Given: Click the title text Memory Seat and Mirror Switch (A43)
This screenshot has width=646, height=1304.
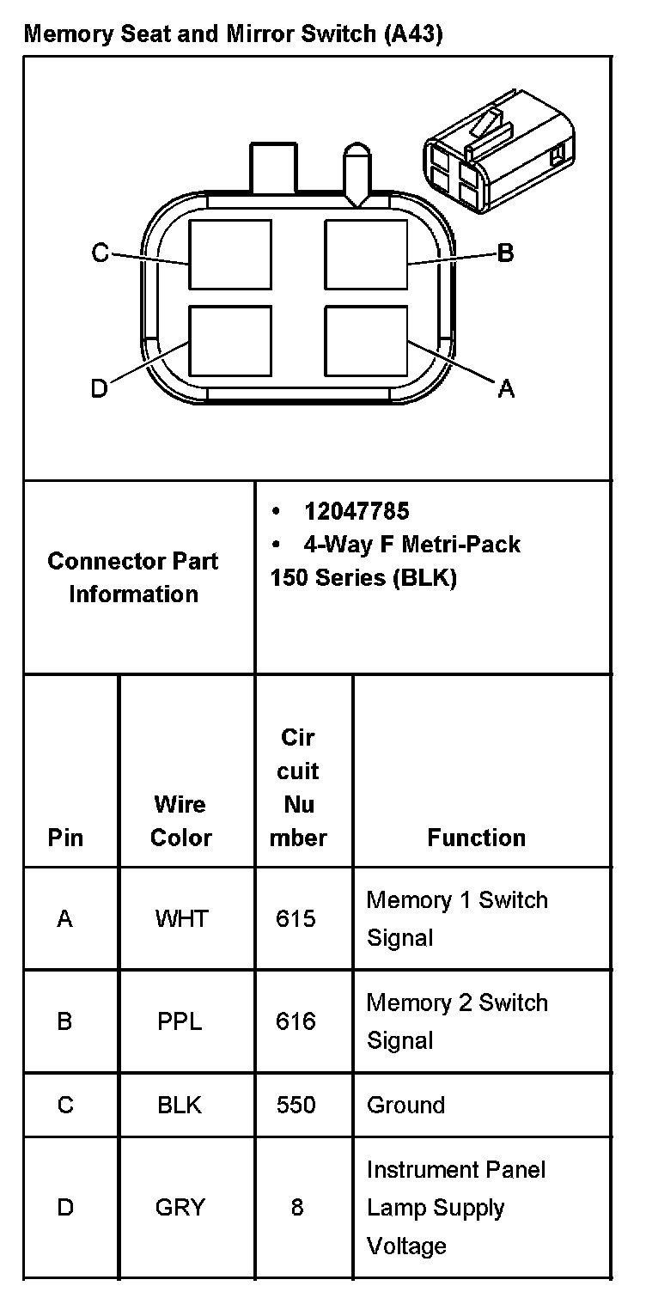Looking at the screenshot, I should coord(233,34).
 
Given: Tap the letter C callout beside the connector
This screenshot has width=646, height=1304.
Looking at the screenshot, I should coord(101,253).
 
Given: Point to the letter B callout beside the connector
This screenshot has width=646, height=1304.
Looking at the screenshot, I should coord(506,253).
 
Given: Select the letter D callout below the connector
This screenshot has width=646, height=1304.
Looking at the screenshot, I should coord(100,389).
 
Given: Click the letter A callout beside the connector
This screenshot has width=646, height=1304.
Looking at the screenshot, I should coord(507,389).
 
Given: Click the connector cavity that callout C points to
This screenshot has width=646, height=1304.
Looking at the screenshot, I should coord(230,254).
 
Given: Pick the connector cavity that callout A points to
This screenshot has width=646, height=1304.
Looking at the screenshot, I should coord(367,341).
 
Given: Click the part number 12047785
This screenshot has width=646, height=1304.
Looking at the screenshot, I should coord(357,511).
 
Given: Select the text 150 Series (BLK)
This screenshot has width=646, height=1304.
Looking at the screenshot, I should coord(363,577).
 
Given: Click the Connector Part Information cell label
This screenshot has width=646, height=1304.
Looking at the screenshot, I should coord(133,577).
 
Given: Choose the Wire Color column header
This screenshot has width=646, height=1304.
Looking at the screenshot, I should coord(180,820).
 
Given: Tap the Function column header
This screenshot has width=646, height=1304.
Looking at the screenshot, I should coord(476,838).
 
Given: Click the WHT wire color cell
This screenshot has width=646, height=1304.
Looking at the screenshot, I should coord(180,919).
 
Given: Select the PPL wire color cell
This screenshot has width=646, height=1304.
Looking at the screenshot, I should coord(180,1021).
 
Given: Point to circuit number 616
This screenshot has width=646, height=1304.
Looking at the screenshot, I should coord(296,1021).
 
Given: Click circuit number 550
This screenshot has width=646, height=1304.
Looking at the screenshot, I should coord(296,1105).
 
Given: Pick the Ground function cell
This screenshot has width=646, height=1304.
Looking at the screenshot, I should coord(405,1105).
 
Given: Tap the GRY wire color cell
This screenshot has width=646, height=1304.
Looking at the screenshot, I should coord(180,1208).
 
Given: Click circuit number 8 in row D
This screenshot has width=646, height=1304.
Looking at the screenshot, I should coord(297,1208).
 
